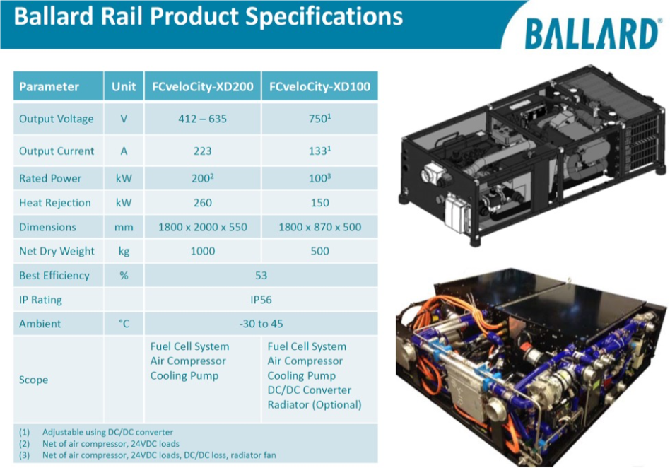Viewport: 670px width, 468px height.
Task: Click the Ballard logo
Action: (x=592, y=34)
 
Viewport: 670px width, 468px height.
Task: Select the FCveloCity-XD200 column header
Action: (x=203, y=87)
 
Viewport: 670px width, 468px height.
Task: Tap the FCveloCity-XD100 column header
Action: (x=319, y=87)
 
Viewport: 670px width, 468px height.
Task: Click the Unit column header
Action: (x=124, y=87)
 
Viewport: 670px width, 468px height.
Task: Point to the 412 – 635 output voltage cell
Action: (x=203, y=118)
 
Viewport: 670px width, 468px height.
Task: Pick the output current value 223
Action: (x=203, y=151)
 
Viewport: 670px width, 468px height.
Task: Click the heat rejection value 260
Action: (x=203, y=203)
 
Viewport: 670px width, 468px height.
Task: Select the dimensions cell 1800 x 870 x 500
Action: (x=319, y=227)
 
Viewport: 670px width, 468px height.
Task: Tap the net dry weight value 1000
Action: (x=203, y=251)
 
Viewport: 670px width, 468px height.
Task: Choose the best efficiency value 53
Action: (x=261, y=275)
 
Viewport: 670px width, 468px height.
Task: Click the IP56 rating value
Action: (x=261, y=300)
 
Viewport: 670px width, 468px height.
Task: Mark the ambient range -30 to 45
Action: (x=261, y=324)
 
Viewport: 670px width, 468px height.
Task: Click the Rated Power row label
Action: (x=50, y=178)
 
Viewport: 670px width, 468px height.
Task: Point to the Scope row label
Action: (x=33, y=380)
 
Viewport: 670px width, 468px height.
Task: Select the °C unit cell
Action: (x=124, y=324)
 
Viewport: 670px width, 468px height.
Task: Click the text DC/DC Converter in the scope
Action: (x=310, y=390)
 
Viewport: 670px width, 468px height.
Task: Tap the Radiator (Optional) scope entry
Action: (x=315, y=404)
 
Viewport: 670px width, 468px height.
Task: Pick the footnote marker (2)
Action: (x=24, y=444)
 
